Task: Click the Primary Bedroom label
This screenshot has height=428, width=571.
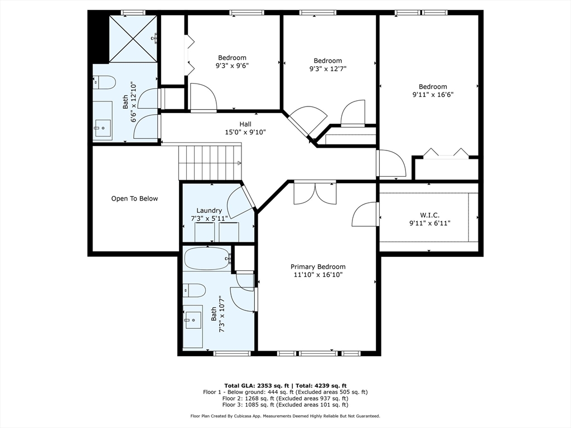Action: tap(318, 267)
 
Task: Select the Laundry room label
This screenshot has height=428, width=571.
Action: tap(209, 210)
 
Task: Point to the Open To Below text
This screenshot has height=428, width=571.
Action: tap(134, 199)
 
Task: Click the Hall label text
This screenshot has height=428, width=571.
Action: tap(245, 124)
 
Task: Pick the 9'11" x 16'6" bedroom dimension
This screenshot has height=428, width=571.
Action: tap(433, 95)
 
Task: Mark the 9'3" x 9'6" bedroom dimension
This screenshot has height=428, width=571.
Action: tap(232, 66)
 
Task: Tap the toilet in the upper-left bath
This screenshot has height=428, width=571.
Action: tap(104, 82)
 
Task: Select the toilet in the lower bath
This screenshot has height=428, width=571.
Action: tap(195, 290)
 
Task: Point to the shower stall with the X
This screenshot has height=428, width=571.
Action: tap(133, 38)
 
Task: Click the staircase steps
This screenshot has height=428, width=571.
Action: tap(210, 162)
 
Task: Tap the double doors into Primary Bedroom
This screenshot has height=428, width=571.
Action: tap(316, 193)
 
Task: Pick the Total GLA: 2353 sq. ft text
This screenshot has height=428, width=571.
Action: tap(257, 386)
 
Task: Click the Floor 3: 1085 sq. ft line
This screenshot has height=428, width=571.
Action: tap(285, 405)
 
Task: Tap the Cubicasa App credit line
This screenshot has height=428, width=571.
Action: tap(285, 416)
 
